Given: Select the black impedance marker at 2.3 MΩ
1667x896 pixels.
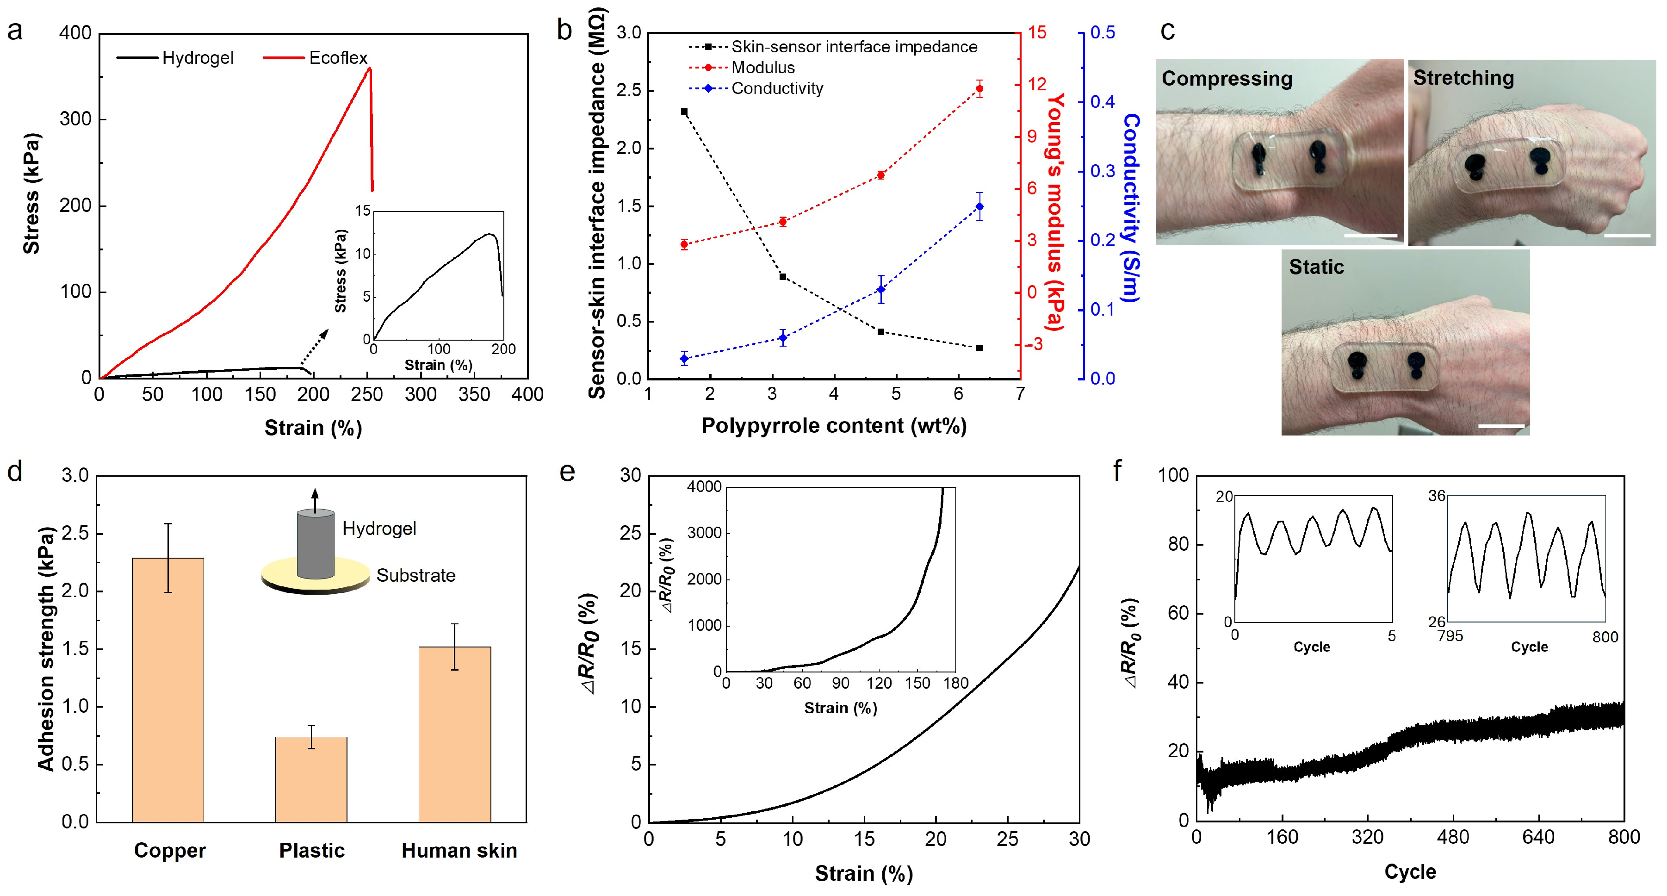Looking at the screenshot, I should point(684,112).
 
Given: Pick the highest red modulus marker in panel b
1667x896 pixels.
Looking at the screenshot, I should point(979,89).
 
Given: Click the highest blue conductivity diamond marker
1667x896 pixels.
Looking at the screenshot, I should point(979,206).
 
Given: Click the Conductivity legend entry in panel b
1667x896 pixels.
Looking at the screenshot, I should point(776,89).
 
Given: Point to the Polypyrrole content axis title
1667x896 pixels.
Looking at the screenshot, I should point(834,426).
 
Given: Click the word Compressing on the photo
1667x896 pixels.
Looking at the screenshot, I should point(1226,78).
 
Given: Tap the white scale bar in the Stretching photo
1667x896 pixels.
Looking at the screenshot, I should point(1627,236).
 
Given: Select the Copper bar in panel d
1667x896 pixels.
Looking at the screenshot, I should point(167,690).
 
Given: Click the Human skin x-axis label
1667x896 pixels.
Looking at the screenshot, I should point(459,851).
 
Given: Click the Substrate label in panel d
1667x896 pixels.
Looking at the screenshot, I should point(415,576).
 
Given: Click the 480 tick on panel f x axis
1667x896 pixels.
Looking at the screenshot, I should point(1453,838).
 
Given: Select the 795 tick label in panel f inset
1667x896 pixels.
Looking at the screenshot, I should point(1450,636).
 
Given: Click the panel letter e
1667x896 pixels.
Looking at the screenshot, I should point(567,472).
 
